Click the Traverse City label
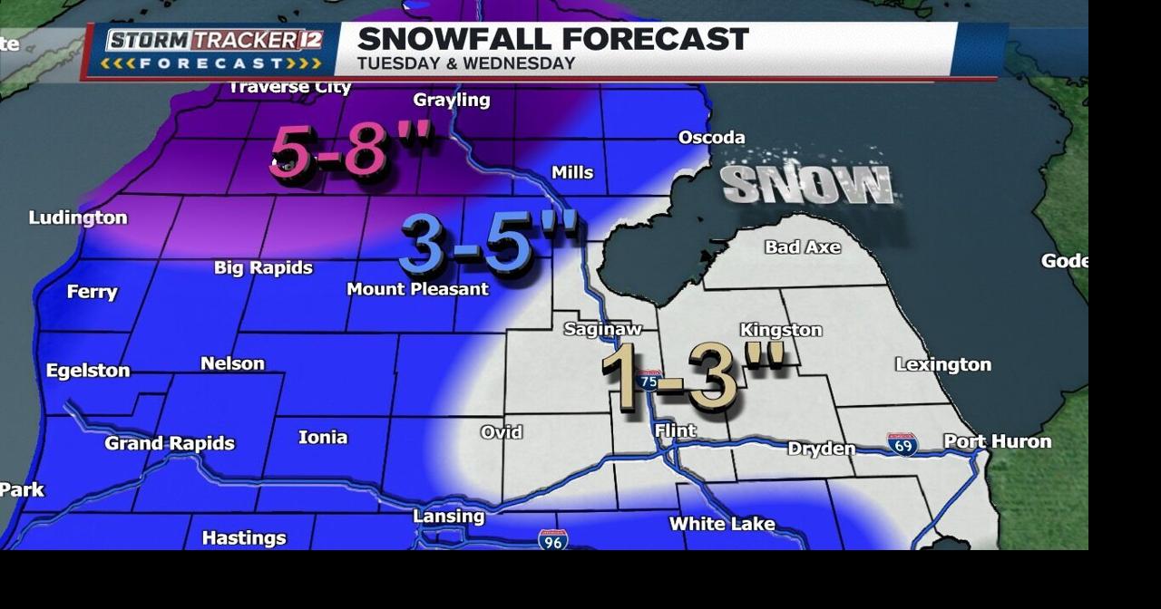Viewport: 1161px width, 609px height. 289,88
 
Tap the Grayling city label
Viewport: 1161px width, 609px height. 451,101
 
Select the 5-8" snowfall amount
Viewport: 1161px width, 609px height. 351,150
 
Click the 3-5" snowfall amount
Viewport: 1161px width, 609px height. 488,243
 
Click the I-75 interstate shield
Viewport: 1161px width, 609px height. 649,380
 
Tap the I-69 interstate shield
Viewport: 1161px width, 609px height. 902,444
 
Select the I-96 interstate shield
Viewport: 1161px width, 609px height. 552,540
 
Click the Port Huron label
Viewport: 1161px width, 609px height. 997,441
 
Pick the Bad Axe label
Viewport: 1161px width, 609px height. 802,246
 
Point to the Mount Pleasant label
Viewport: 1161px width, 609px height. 417,289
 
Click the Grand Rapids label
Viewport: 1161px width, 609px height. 170,443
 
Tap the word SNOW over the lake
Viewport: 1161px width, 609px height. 807,184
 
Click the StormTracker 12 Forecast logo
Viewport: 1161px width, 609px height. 212,50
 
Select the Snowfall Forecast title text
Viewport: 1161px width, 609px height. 552,39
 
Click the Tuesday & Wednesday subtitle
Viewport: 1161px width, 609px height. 466,63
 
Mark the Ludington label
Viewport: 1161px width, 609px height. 78,217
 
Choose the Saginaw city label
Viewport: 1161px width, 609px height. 602,329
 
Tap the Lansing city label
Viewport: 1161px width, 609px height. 448,517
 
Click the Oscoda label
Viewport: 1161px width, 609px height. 711,138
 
